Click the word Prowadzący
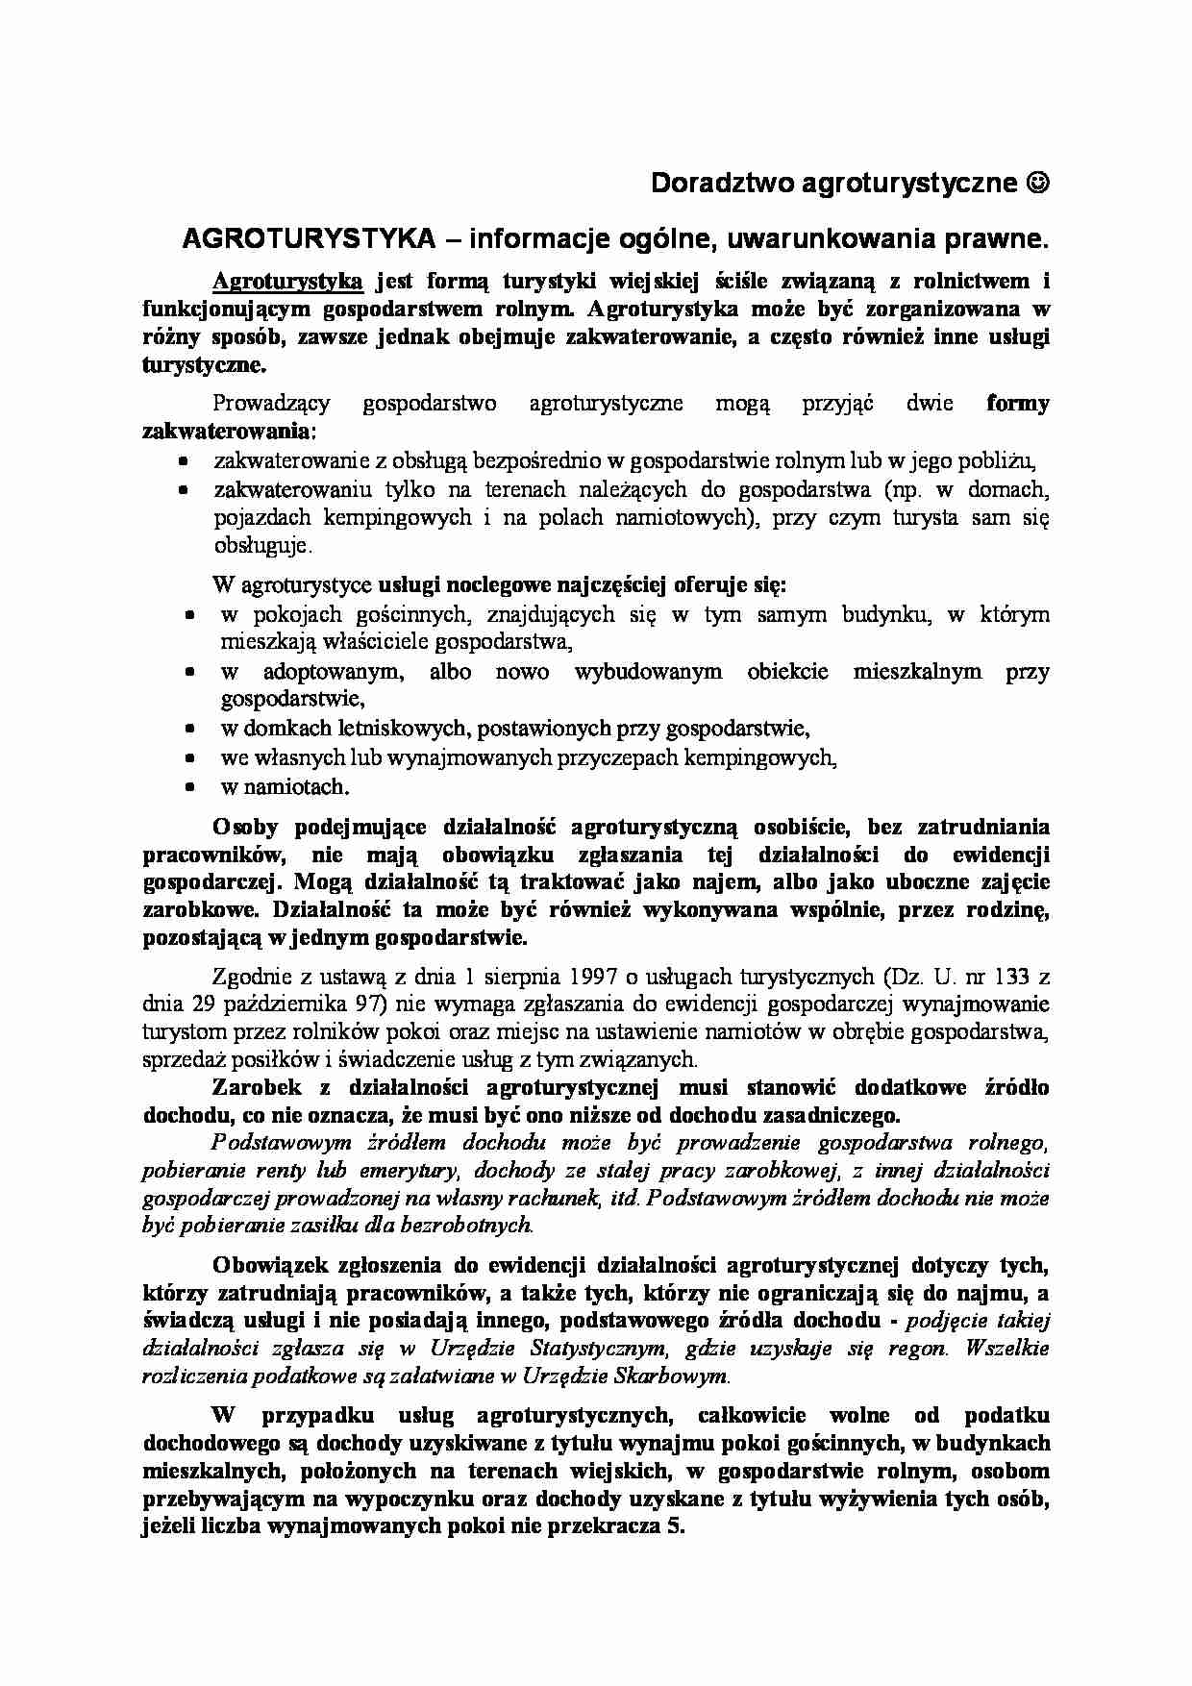coord(273,403)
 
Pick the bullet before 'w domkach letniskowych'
coord(190,729)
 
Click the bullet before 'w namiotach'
coord(190,786)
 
